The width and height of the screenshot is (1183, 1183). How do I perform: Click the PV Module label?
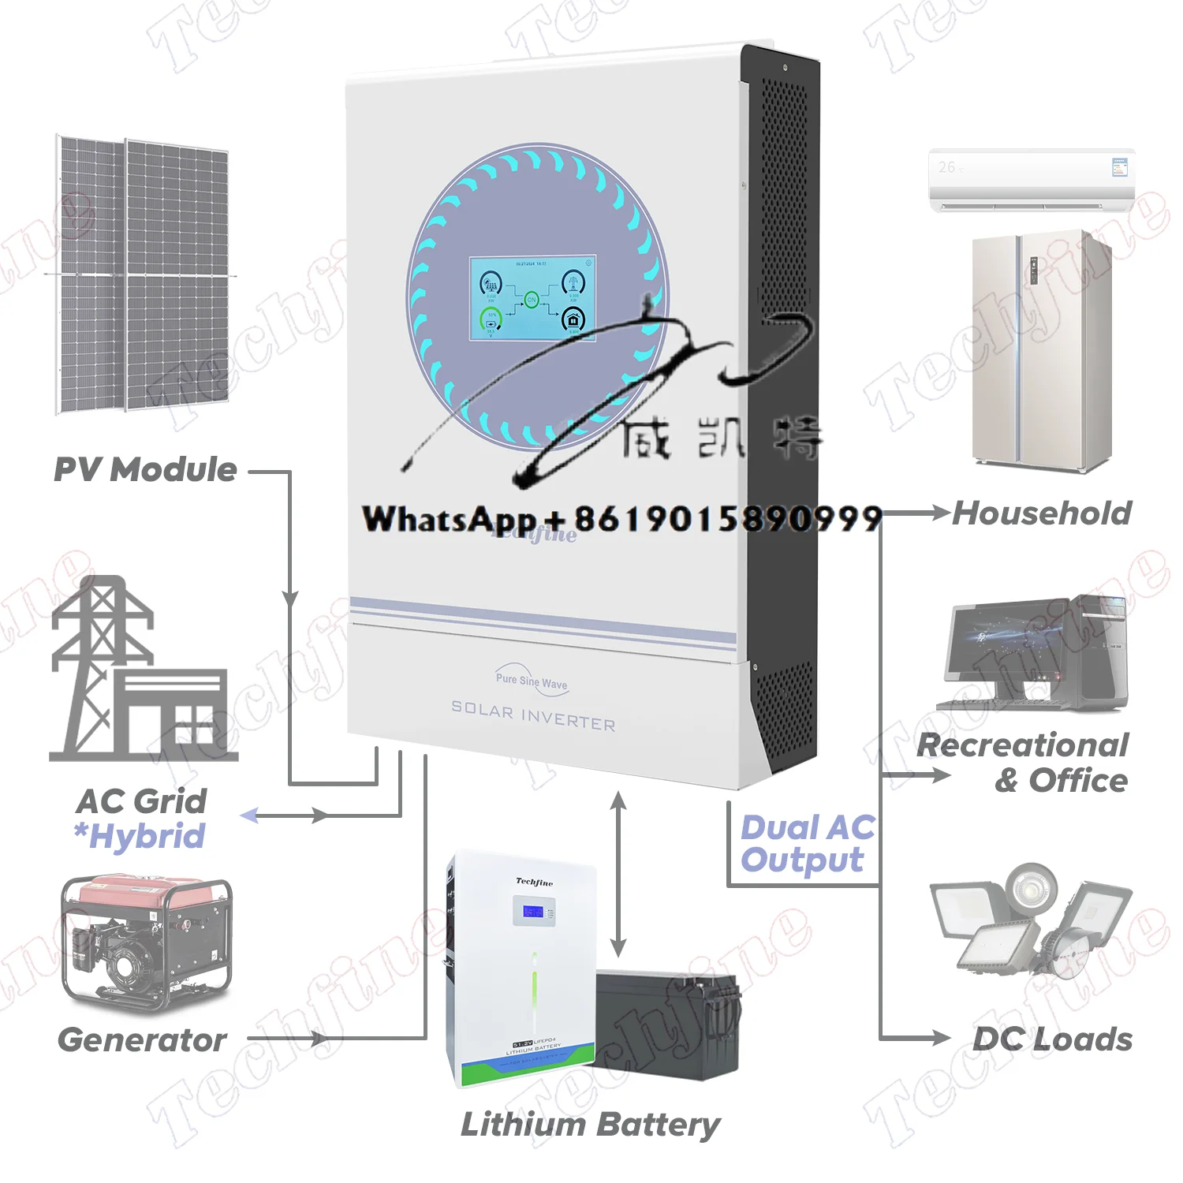[x=145, y=470]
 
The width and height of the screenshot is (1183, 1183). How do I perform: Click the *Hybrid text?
[x=140, y=836]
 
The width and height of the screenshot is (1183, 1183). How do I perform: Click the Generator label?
[x=142, y=1039]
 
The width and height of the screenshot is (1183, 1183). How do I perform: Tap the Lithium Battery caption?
[x=590, y=1125]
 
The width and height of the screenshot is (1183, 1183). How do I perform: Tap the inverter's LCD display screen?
[x=532, y=298]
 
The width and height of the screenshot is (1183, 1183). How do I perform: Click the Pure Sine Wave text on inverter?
[x=532, y=681]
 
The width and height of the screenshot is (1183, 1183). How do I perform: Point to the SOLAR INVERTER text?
[x=533, y=717]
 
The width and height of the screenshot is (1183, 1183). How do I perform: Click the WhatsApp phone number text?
[x=621, y=519]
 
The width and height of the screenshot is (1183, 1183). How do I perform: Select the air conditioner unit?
[x=1032, y=180]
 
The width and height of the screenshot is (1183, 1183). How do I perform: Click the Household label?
[x=1041, y=513]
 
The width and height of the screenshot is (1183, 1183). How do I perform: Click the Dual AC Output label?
[x=806, y=844]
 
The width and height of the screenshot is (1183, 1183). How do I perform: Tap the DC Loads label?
[x=1052, y=1039]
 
